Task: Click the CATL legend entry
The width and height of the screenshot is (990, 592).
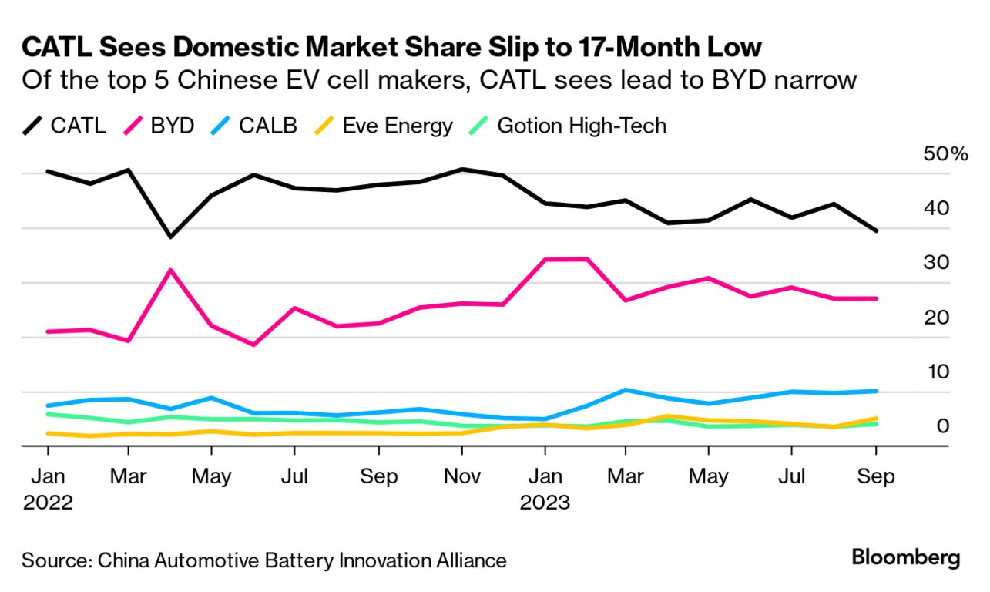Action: coord(65,126)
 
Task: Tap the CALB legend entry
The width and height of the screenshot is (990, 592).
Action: coord(253,126)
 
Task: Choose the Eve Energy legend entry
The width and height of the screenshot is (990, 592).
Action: coord(383,126)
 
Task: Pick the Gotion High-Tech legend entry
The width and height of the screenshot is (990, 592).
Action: coord(567,126)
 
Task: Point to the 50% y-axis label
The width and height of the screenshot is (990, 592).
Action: coord(945,154)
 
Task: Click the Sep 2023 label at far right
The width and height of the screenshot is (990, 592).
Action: coord(876,476)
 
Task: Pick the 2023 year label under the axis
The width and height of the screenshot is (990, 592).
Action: coord(544,503)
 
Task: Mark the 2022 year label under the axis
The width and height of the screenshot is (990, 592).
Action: coord(48,503)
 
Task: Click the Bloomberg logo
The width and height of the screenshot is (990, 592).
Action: coord(906,557)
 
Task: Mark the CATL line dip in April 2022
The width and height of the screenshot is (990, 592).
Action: coord(170,237)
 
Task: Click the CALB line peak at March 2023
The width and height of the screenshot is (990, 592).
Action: coord(626,390)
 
